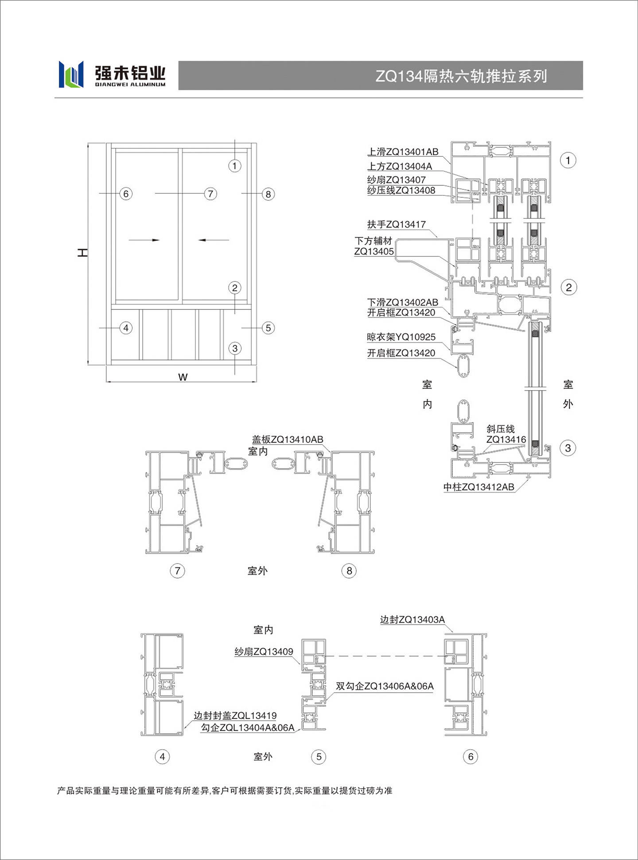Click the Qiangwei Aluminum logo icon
71,74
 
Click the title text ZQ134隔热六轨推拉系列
461,76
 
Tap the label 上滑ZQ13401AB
403,152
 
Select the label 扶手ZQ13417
396,224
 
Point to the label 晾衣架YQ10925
401,337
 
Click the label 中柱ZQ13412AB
478,487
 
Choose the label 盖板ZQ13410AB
288,439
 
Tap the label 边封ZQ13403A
412,620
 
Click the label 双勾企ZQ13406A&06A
385,686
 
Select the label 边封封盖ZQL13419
235,715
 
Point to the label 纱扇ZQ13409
264,652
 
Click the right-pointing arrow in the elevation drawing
144,240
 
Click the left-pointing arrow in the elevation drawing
214,240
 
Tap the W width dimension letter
183,377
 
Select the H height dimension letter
82,253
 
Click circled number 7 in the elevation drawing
210,194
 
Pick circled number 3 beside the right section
568,448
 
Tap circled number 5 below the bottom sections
319,757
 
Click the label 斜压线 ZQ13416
506,434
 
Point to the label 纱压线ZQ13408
401,191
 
